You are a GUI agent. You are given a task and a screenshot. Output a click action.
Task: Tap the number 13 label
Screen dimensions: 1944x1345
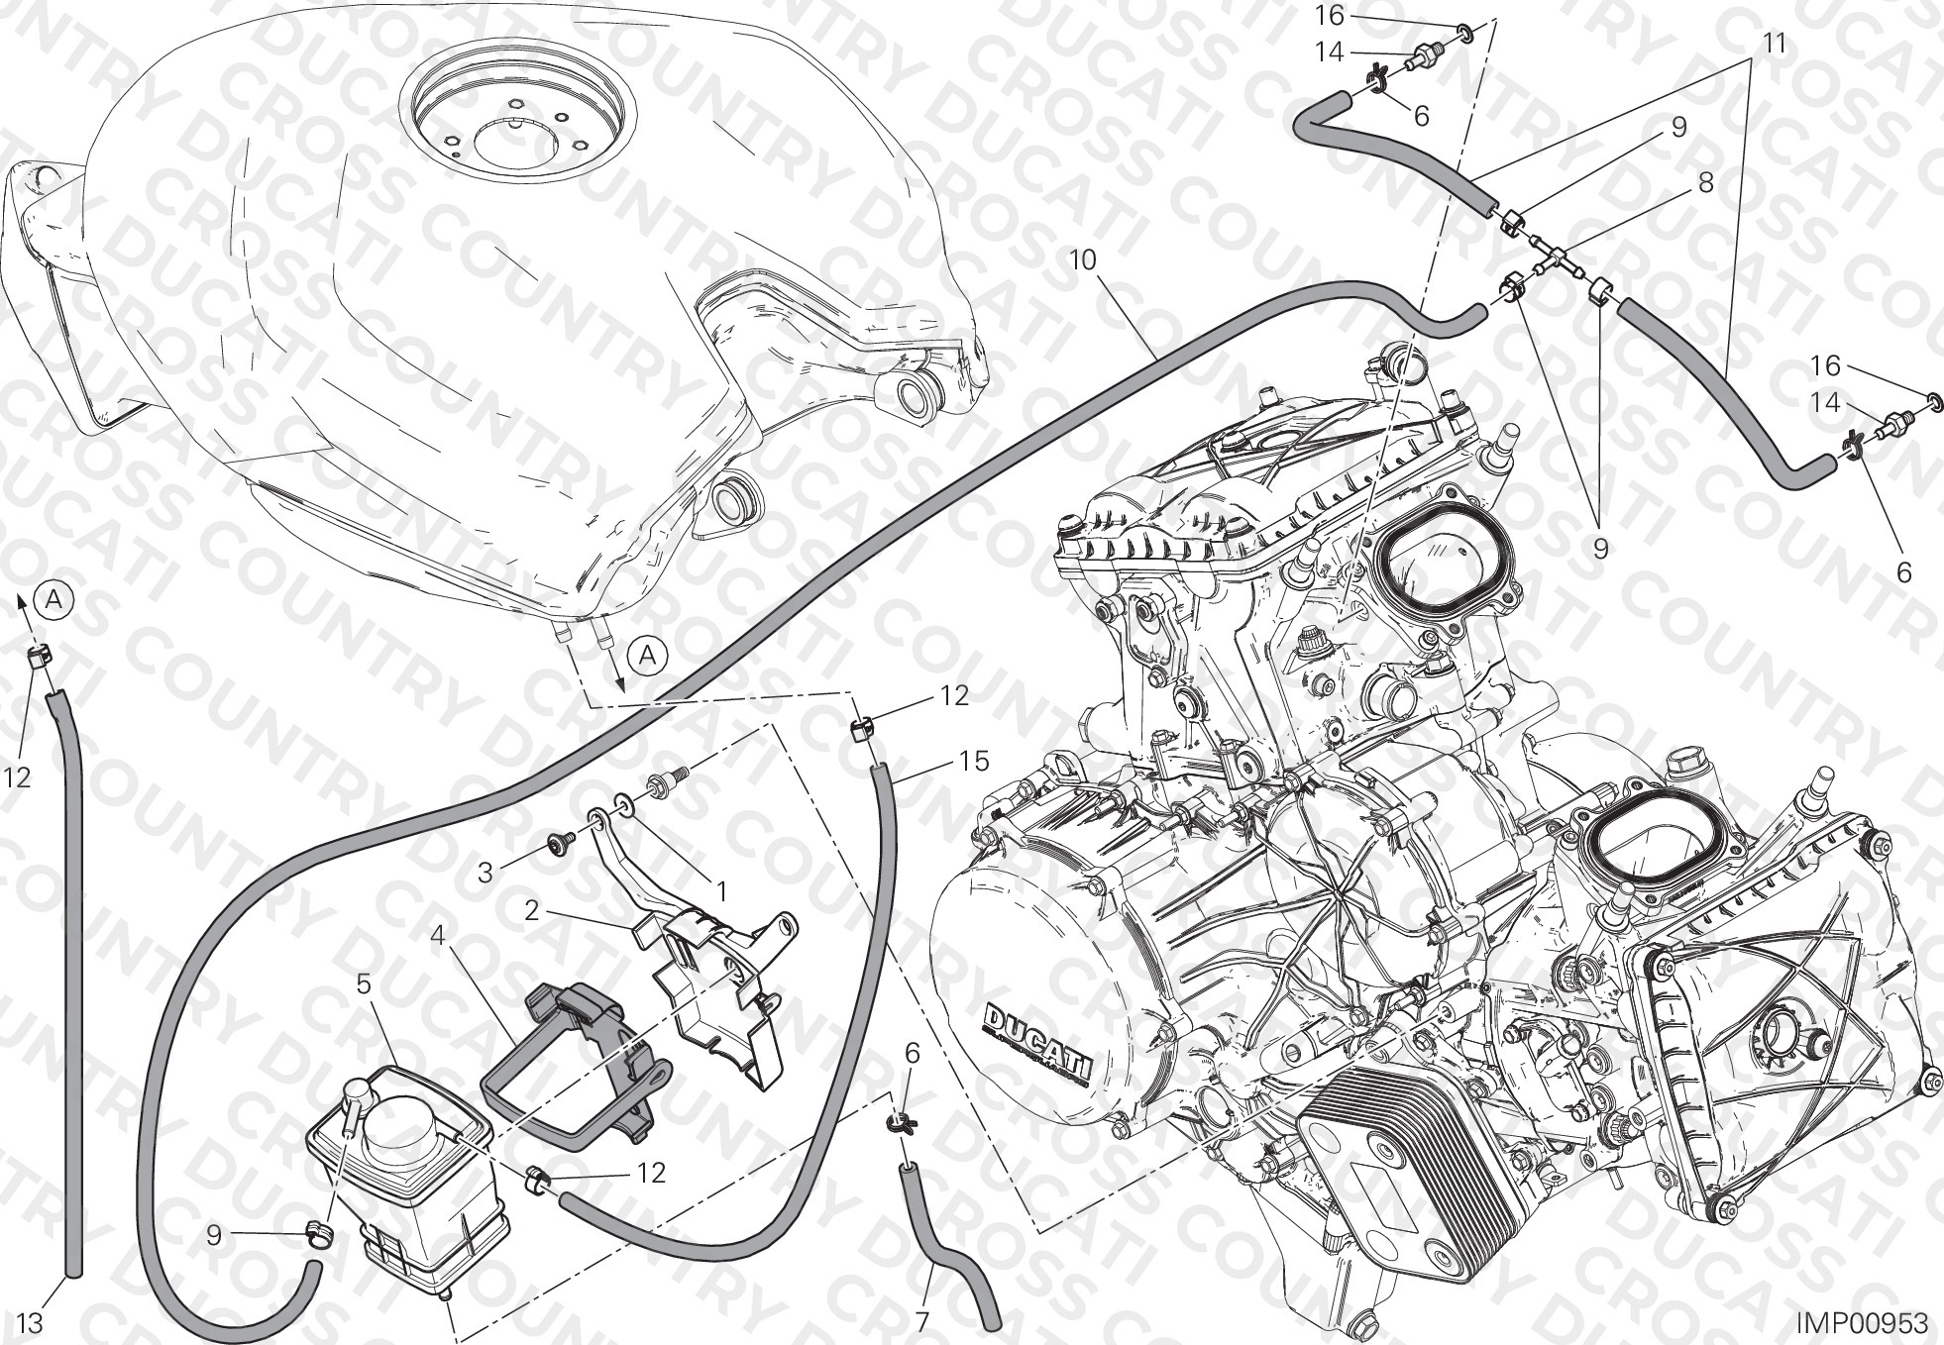coord(31,1322)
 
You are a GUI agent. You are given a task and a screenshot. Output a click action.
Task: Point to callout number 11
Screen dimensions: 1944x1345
coord(1775,45)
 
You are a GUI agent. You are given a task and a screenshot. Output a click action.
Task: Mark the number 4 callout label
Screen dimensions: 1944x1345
coord(437,935)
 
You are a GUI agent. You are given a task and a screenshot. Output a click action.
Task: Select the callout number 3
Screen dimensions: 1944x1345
coord(486,873)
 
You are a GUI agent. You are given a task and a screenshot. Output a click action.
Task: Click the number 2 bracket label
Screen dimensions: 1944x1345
coord(532,910)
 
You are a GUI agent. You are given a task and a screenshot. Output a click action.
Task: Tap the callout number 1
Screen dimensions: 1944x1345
coord(722,892)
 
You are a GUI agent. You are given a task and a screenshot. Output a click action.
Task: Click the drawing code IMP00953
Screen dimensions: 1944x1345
coord(1864,1324)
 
